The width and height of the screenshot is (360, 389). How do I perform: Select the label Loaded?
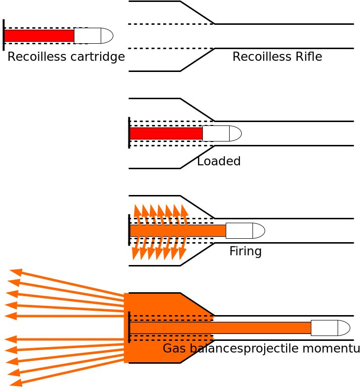point(219,161)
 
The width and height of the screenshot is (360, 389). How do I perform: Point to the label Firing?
point(245,251)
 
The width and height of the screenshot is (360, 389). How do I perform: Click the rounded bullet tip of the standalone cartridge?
point(107,35)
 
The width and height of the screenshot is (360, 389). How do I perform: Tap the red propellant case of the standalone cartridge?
point(39,35)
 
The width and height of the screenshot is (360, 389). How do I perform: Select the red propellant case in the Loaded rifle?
point(165,133)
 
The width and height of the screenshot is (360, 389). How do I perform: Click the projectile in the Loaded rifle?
point(221,133)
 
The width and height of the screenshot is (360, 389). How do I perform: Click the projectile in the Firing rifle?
point(245,230)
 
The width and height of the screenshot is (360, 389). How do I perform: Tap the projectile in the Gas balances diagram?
point(330,328)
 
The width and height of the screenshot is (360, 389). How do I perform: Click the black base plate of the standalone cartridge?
point(4,35)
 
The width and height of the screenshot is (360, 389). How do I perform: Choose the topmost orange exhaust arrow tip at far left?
point(13,270)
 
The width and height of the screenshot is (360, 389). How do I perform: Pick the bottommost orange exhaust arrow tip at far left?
point(13,384)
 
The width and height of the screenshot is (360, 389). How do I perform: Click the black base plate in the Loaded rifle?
point(129,132)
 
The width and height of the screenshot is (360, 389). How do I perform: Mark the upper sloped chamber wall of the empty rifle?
point(197,13)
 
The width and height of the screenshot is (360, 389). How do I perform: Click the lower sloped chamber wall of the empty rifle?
point(197,60)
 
